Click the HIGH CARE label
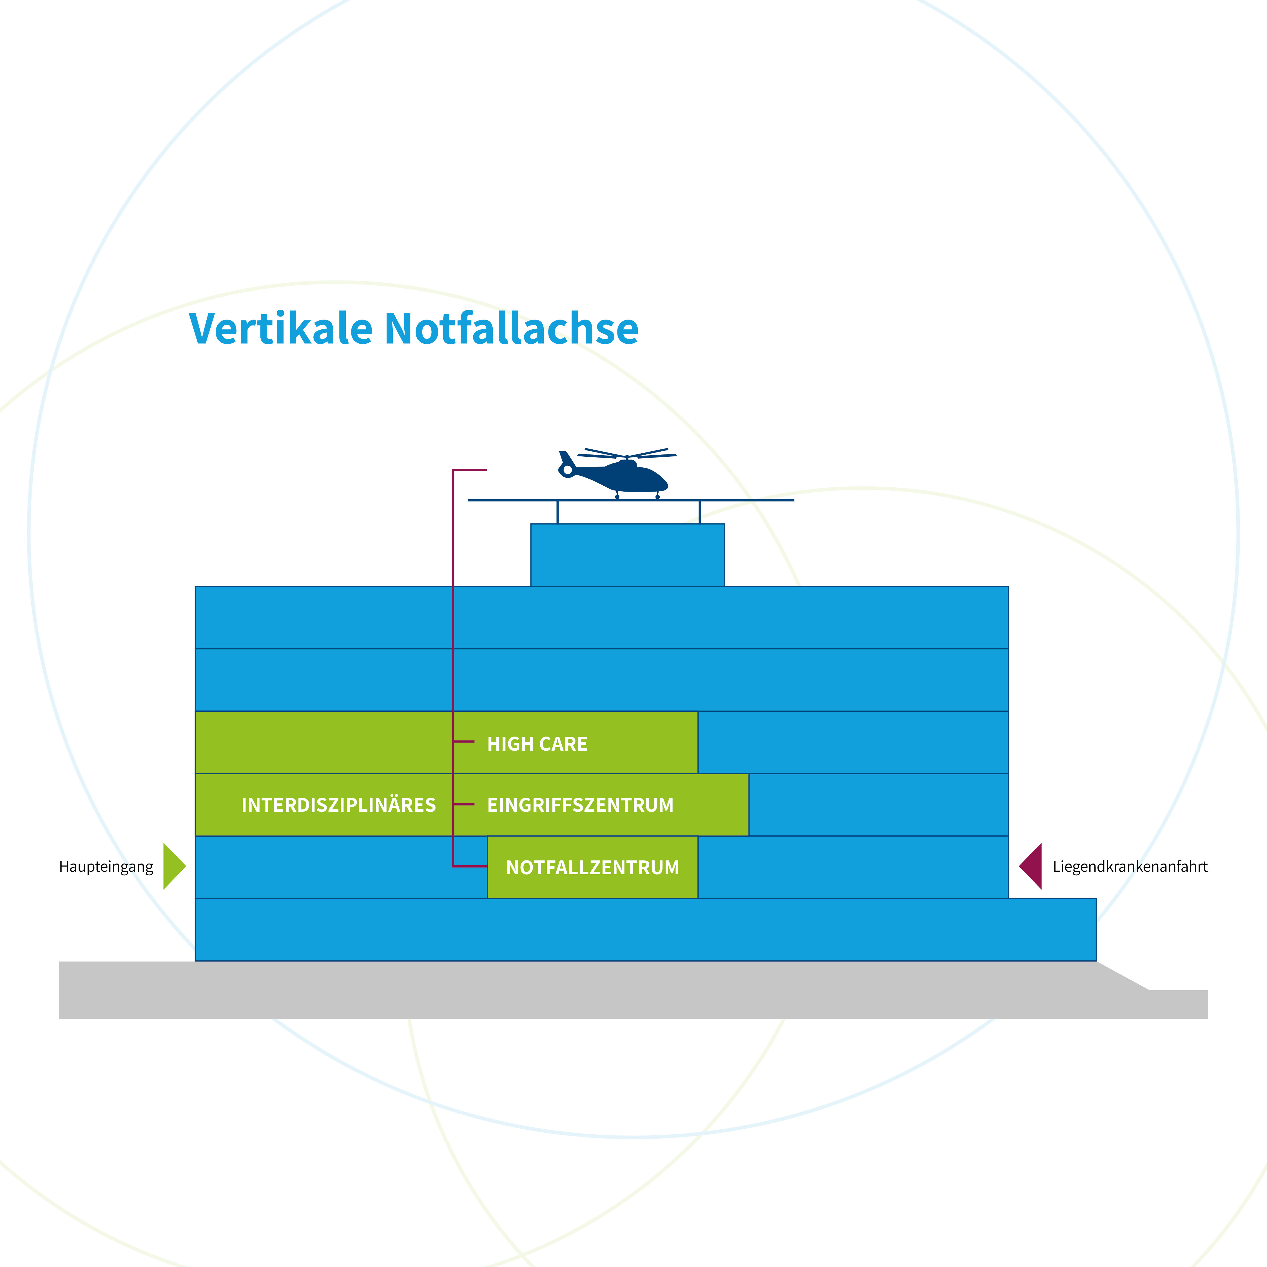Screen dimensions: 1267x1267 537,744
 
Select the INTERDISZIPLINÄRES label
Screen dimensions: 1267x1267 338,805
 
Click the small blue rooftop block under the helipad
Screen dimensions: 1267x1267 628,555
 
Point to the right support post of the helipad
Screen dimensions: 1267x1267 700,512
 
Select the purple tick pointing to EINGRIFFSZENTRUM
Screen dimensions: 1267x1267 464,804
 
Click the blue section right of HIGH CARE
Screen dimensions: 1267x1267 853,742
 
